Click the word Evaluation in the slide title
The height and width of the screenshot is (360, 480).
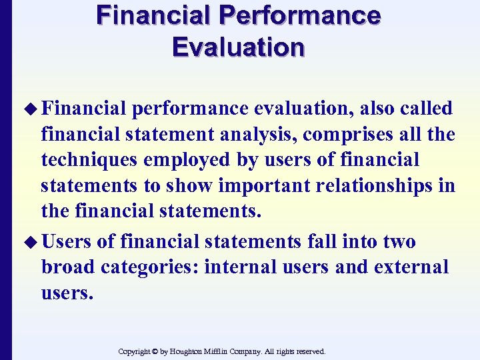click(x=238, y=47)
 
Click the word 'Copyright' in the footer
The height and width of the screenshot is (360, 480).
click(x=133, y=351)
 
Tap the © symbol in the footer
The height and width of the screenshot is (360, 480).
click(x=155, y=351)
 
